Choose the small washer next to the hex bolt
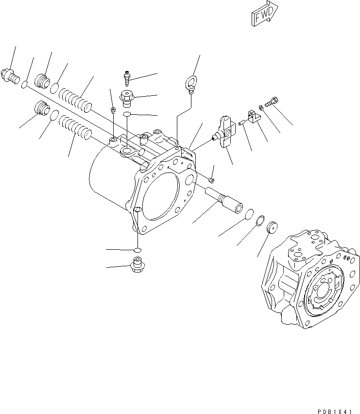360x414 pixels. (261, 107)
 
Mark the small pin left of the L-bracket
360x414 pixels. (241, 123)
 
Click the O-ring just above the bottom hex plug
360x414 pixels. (137, 250)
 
